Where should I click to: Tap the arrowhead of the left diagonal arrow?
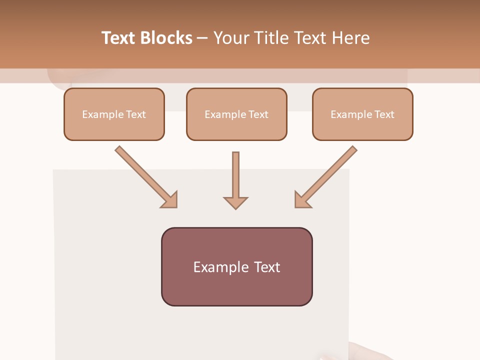tap(169, 199)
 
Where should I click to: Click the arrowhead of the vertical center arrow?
tap(235, 202)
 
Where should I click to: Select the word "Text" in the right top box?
tap(384, 114)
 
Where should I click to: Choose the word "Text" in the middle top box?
tap(258, 114)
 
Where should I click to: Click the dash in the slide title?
tap(202, 38)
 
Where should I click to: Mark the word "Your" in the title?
tap(230, 38)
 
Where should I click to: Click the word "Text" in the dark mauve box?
tap(267, 267)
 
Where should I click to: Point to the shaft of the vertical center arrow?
tap(235, 172)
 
